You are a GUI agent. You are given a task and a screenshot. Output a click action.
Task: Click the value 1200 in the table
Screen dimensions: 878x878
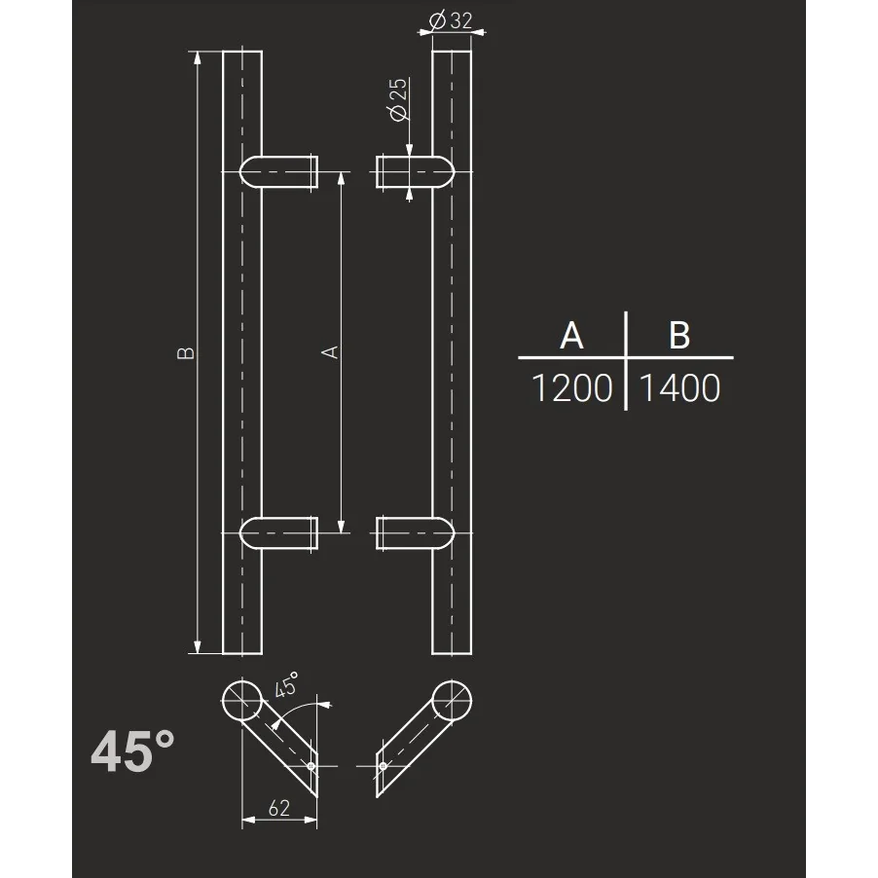pyautogui.click(x=571, y=388)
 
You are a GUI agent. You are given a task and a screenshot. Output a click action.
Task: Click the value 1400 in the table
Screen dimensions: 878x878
pyautogui.click(x=679, y=388)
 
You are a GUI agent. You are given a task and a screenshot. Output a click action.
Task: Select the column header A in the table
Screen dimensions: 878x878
pyautogui.click(x=571, y=335)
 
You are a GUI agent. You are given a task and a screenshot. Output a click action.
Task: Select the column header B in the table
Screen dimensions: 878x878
pyautogui.click(x=679, y=335)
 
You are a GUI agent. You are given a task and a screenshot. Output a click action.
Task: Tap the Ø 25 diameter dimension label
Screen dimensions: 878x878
pyautogui.click(x=398, y=100)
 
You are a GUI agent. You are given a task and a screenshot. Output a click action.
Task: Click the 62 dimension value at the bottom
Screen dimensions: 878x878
pyautogui.click(x=279, y=807)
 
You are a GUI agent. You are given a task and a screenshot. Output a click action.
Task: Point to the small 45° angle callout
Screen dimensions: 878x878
pyautogui.click(x=286, y=684)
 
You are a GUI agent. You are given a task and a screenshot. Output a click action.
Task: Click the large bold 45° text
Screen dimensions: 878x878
pyautogui.click(x=133, y=751)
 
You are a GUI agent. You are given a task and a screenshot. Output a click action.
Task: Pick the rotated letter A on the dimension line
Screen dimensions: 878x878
pyautogui.click(x=330, y=351)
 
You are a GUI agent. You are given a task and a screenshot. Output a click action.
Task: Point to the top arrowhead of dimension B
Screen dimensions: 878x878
pyautogui.click(x=199, y=56)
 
